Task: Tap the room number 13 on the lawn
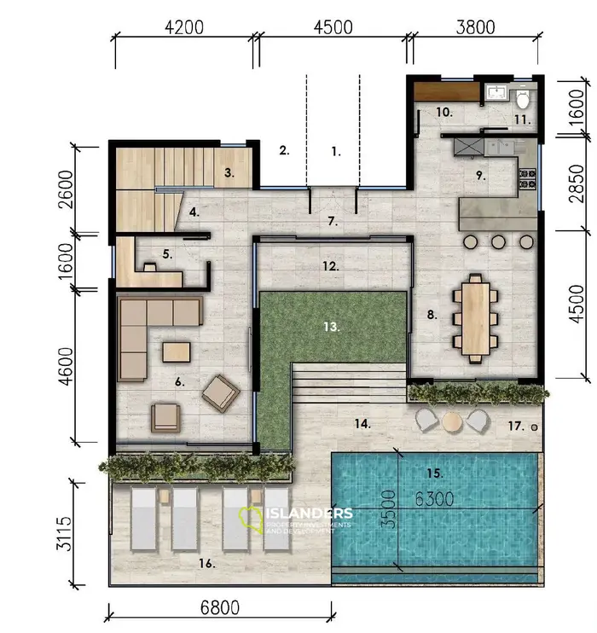point(331,326)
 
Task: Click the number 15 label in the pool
point(434,472)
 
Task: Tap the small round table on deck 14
point(451,421)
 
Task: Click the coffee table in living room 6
point(177,351)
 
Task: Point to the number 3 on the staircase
point(229,172)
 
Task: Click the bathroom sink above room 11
point(495,92)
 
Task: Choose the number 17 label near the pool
point(515,424)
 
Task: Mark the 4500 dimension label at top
point(333,26)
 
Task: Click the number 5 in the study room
point(167,253)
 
